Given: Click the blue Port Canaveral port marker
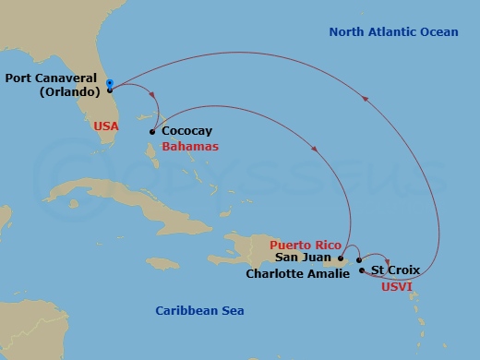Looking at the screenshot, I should coord(110,84).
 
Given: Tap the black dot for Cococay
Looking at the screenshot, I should coord(151,131).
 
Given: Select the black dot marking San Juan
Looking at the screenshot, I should coord(341,258).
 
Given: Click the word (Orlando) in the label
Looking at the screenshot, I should coord(67,92).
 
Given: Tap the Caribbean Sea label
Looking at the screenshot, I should coord(199,311).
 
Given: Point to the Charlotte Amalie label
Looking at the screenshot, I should coord(298,273).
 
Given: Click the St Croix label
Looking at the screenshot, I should coord(395,270).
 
